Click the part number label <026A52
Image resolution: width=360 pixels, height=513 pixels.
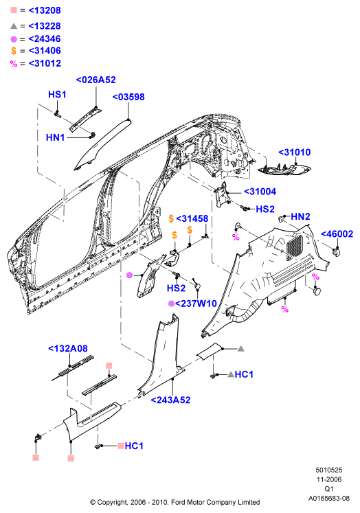[x=96, y=80]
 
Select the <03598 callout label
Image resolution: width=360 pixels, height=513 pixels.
[x=128, y=97]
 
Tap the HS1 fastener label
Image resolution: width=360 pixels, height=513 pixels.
[x=57, y=94]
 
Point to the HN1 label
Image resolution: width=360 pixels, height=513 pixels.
[x=56, y=137]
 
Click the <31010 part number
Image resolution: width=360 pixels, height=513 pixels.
[x=295, y=152]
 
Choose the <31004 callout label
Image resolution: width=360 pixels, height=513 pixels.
[x=260, y=192]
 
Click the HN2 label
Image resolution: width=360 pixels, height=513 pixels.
[x=300, y=216]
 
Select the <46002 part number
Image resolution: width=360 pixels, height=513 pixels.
[x=337, y=234]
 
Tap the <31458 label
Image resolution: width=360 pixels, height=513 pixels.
[x=192, y=218]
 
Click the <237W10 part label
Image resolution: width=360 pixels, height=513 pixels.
[x=196, y=304]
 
